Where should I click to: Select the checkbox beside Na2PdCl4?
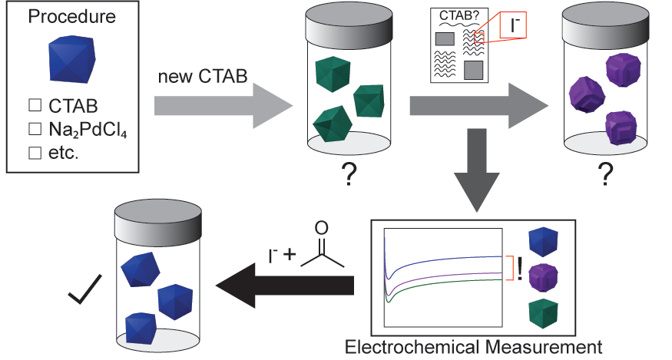33,131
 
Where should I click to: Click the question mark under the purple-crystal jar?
607,176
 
